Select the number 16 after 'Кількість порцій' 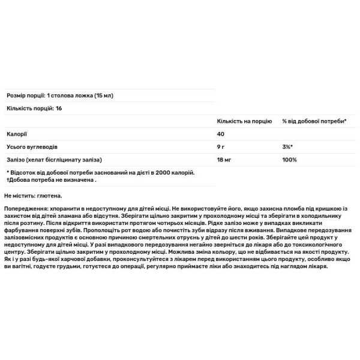click(58, 108)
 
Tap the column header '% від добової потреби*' click(314, 121)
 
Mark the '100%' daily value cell click(289, 160)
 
